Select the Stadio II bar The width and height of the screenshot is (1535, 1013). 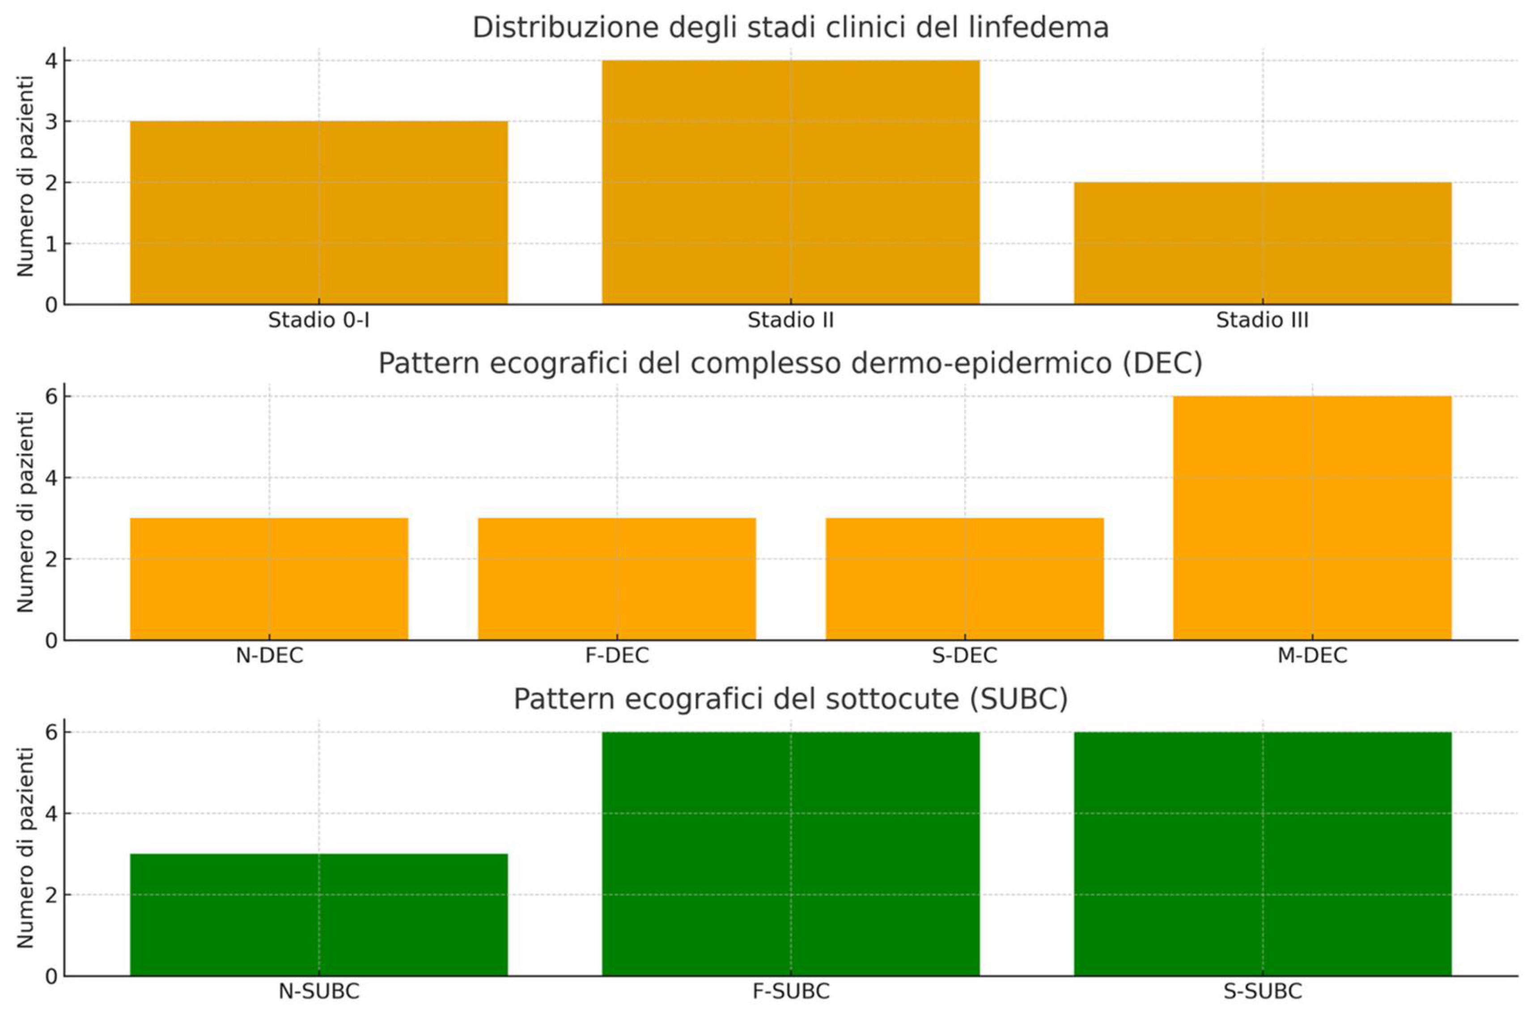[x=790, y=182]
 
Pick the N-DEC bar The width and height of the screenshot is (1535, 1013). [x=269, y=579]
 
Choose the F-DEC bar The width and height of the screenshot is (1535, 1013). [x=617, y=579]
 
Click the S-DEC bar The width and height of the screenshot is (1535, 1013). [x=964, y=579]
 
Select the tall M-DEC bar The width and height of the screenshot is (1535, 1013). [x=1312, y=518]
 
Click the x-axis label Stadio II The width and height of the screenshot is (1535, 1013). [x=790, y=321]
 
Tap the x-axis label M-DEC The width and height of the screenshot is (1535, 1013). [x=1312, y=656]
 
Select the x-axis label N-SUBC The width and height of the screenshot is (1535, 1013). [x=318, y=992]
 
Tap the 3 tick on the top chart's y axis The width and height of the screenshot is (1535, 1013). [x=51, y=122]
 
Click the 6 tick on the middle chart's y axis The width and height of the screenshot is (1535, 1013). [x=51, y=396]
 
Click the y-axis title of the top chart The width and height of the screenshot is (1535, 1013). [x=25, y=176]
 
